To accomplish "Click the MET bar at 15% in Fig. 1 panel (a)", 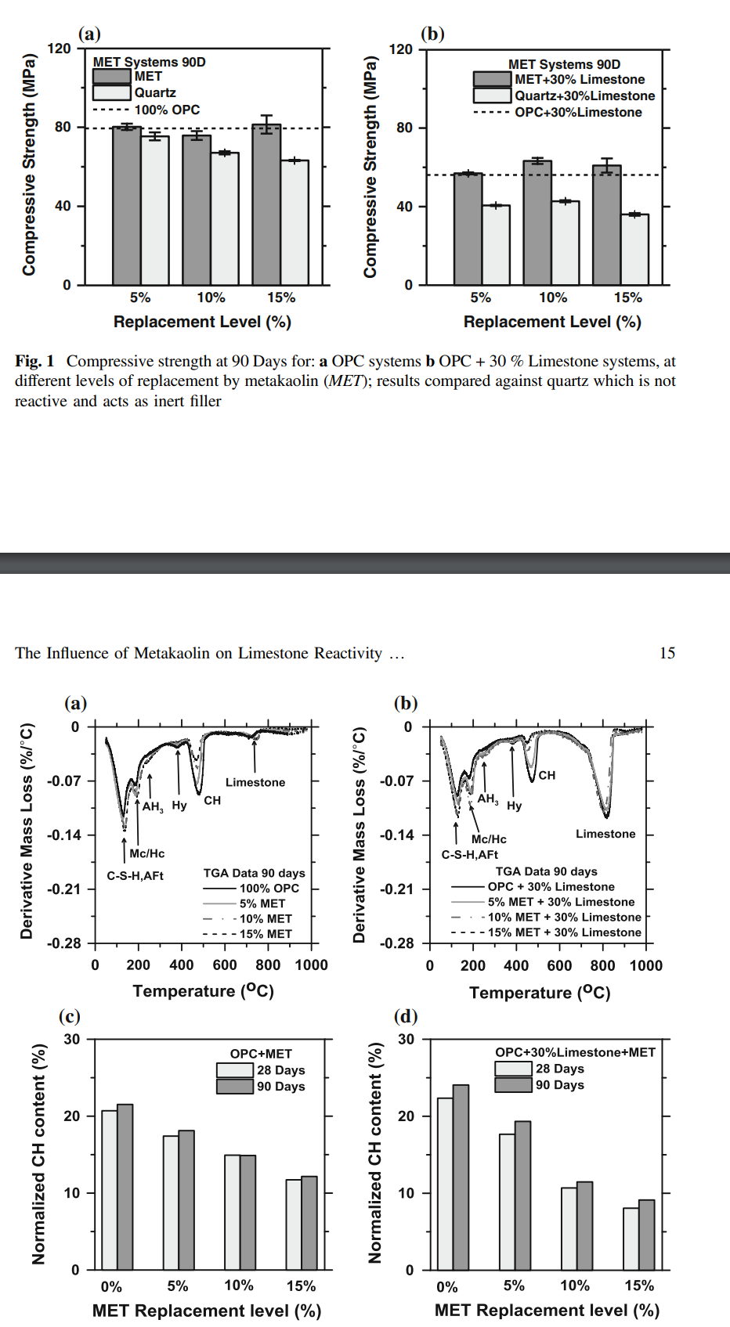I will tap(266, 205).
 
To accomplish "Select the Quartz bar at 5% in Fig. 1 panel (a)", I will tap(155, 211).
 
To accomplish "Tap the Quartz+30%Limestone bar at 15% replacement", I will tap(634, 250).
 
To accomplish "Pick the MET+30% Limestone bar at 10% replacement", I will tap(537, 223).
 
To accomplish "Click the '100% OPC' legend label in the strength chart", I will tap(167, 110).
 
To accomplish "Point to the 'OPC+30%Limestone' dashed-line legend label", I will tap(578, 112).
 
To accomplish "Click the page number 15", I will tap(667, 653).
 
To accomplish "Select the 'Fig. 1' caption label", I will tap(34, 361).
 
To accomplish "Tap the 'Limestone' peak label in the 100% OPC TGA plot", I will tap(255, 782).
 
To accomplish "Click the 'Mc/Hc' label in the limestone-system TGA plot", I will tap(489, 839).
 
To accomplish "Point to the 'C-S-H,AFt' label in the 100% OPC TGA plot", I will tap(135, 875).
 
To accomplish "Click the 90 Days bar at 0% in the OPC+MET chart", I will tap(125, 1187).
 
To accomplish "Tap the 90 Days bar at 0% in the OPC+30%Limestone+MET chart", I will tap(461, 1177).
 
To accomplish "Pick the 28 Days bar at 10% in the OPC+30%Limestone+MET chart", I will tap(569, 1229).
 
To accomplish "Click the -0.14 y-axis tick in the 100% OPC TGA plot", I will tap(64, 835).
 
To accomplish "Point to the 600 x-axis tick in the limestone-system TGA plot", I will tap(559, 965).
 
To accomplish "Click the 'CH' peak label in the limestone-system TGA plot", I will tap(547, 775).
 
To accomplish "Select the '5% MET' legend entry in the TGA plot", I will tap(262, 903).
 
